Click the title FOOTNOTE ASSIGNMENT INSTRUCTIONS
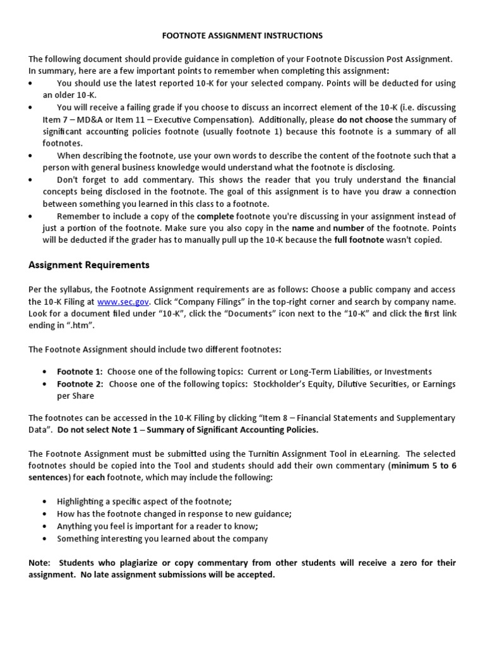pos(242,35)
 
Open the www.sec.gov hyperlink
pos(123,302)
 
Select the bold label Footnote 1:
pos(80,372)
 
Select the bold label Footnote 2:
pos(80,384)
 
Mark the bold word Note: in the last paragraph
pos(41,563)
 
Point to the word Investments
pos(408,372)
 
